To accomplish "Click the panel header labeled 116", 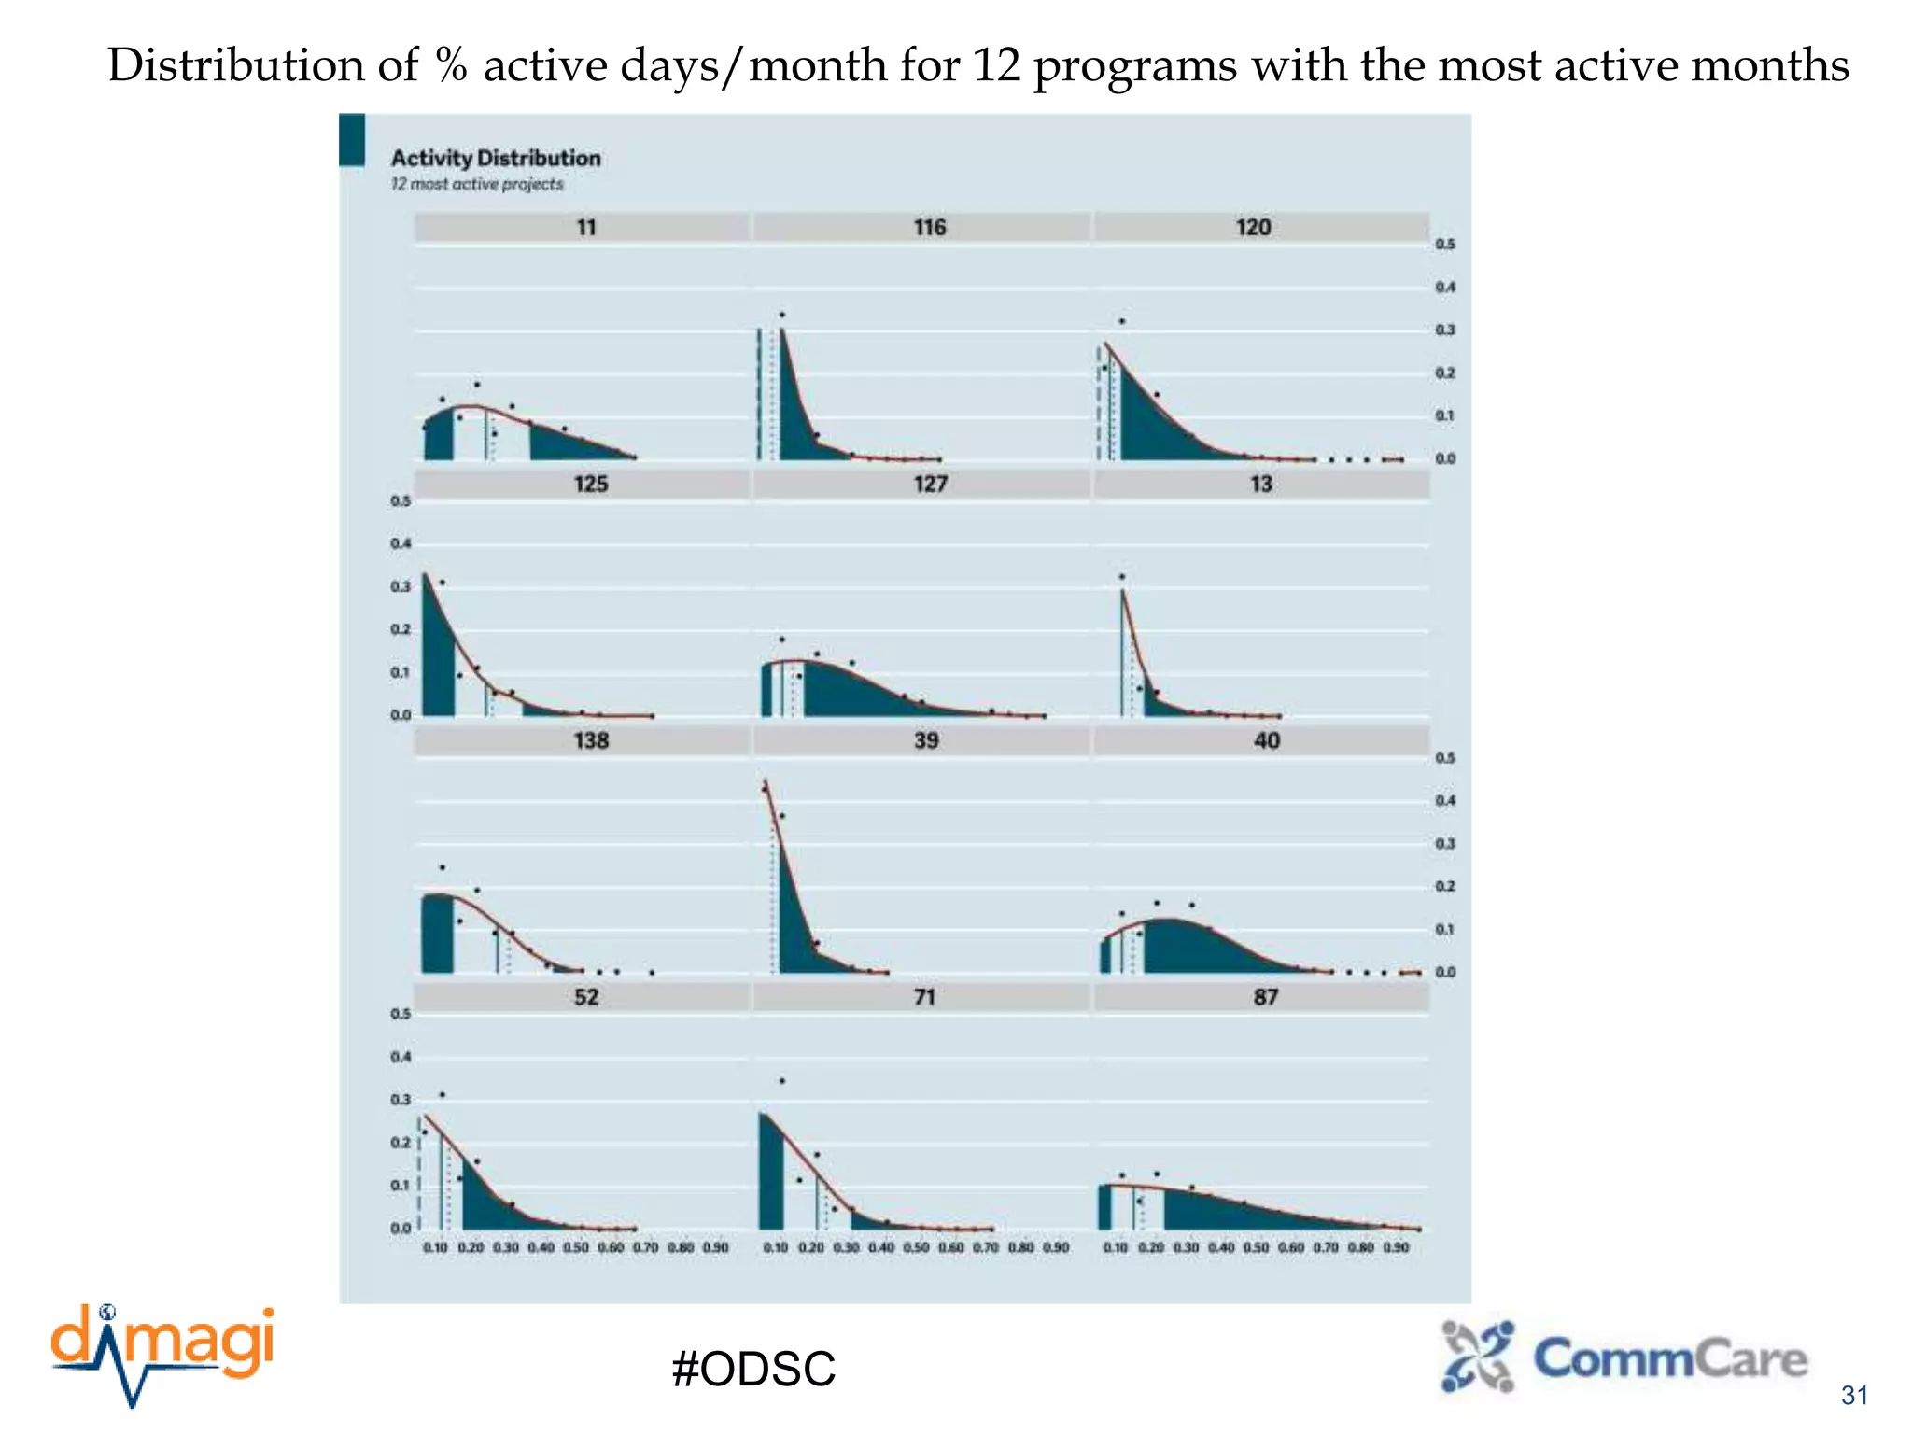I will [929, 227].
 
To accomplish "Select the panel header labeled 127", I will [930, 484].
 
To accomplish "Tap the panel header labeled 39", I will [925, 740].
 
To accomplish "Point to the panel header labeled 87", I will [1265, 997].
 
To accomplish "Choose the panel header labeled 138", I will [591, 740].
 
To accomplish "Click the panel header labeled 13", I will [1260, 484].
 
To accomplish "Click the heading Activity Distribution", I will [495, 158].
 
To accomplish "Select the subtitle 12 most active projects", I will [476, 184].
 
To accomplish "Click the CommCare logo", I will [1624, 1358].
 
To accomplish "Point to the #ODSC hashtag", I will [753, 1370].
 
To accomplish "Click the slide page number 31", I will [1854, 1396].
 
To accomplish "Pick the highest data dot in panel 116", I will [781, 315].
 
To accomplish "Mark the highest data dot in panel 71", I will [781, 1081].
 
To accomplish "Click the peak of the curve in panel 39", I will [766, 780].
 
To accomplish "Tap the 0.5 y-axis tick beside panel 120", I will [1444, 244].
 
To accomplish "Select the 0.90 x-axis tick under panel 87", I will [1396, 1247].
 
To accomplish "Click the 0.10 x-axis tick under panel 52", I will [435, 1247].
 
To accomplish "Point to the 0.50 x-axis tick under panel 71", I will [916, 1247].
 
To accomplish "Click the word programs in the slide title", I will [1134, 65].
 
